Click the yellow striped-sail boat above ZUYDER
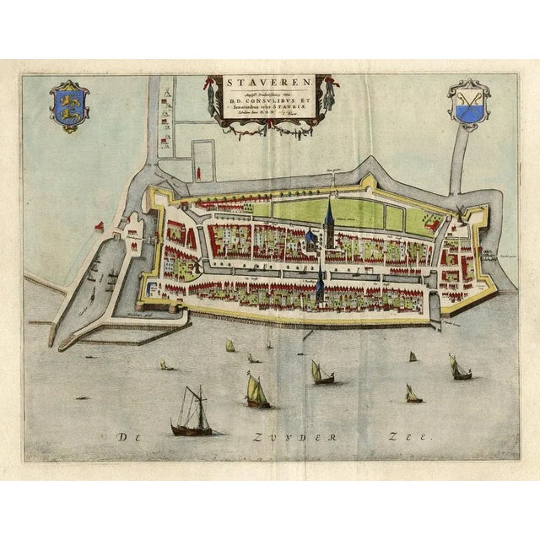point(256,391)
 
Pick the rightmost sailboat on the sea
point(460,368)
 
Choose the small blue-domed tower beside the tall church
point(310,240)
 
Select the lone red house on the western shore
point(100,227)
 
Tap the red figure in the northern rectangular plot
point(197,172)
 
